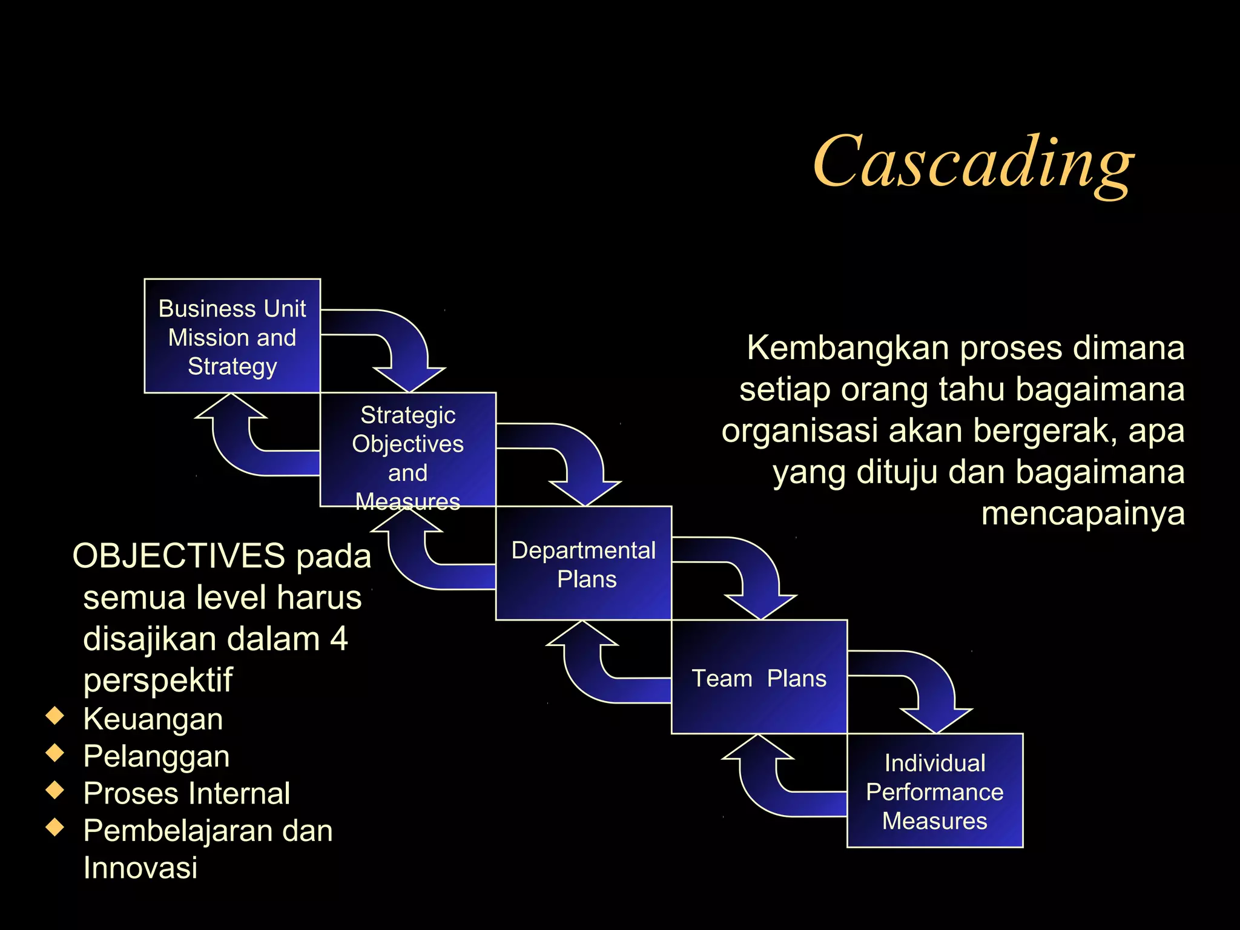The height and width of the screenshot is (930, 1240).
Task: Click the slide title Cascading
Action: tap(972, 162)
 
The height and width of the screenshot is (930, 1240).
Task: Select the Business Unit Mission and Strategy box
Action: tap(232, 337)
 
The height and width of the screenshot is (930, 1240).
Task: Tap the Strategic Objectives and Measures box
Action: tap(407, 449)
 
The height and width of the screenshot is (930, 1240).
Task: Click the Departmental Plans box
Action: tap(583, 564)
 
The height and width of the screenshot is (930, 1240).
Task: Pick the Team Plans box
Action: tap(759, 678)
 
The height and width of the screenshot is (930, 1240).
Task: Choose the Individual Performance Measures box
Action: tap(934, 791)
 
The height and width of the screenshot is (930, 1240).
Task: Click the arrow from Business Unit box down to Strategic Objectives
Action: tap(406, 345)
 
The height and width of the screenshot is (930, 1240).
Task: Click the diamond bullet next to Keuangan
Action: tap(55, 716)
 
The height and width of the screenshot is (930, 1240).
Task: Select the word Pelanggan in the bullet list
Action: tap(156, 756)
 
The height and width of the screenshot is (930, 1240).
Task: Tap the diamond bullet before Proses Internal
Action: tap(55, 790)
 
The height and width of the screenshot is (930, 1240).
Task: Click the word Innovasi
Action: tap(140, 868)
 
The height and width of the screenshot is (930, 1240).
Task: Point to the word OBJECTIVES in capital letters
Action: tap(179, 556)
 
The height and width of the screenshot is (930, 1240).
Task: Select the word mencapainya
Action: tap(1083, 513)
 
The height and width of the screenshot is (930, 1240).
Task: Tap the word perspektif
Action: tap(157, 680)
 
